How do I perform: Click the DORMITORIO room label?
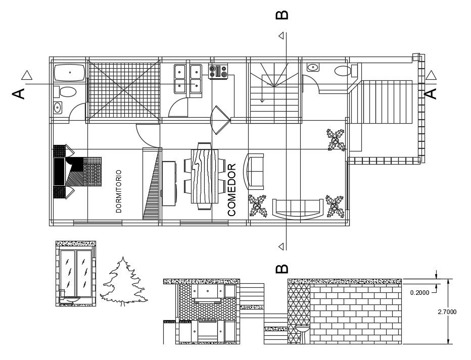[119, 191]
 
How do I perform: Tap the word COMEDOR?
[232, 190]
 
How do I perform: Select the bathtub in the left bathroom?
[69, 74]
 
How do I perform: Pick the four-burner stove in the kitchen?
[218, 71]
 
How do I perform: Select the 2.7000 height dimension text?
[447, 312]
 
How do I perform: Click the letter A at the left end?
[19, 94]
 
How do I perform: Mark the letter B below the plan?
[282, 268]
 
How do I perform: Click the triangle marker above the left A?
[27, 76]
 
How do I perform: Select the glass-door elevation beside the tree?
[76, 274]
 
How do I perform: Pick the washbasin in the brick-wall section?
[303, 331]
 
